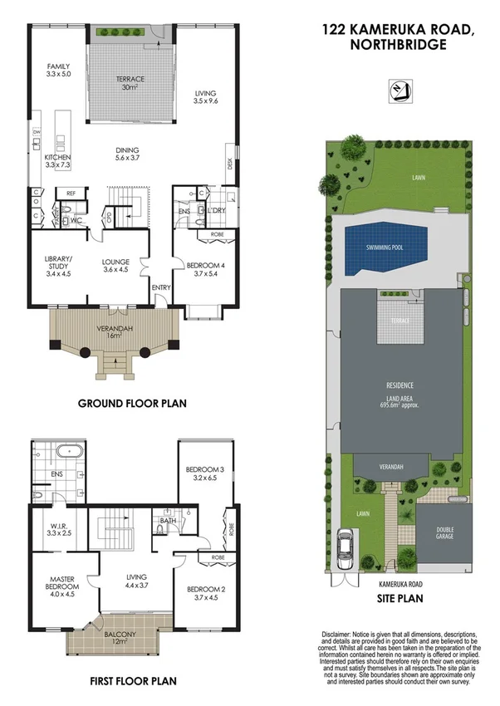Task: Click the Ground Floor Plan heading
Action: tap(132, 404)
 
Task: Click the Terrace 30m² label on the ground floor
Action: tap(130, 83)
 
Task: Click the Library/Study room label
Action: tap(58, 264)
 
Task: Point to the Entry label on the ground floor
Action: tap(160, 287)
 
